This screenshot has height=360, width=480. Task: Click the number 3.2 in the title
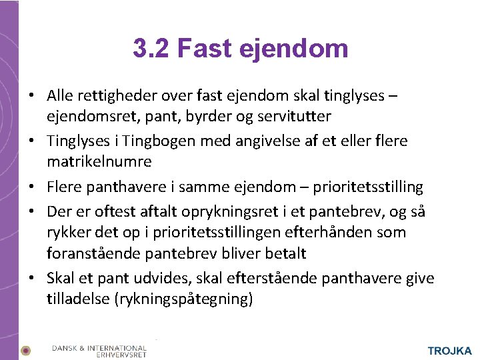point(151,48)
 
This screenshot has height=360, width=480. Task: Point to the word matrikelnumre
point(99,161)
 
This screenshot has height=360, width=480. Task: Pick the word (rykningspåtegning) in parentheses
point(183,299)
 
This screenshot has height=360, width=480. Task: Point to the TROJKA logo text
point(449,351)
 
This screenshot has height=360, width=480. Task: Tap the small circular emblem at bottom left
point(25,350)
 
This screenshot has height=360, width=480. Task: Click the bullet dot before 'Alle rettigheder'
point(31,96)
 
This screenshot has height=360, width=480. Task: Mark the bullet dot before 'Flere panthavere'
point(31,187)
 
